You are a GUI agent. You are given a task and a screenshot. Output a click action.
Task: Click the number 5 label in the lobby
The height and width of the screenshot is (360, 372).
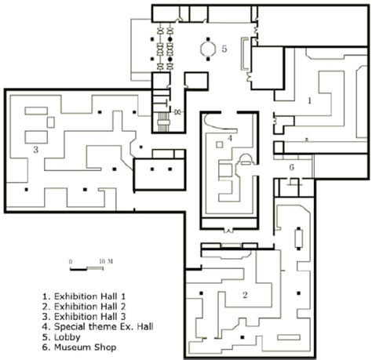click(224, 49)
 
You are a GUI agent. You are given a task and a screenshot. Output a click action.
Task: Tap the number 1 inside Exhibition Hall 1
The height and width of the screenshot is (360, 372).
click(310, 100)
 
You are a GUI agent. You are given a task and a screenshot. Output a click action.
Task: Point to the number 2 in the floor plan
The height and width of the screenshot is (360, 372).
click(245, 295)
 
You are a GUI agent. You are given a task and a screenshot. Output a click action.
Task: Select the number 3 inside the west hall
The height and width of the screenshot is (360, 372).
click(36, 150)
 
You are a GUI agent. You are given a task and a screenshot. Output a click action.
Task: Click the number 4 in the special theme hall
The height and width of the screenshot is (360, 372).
click(230, 138)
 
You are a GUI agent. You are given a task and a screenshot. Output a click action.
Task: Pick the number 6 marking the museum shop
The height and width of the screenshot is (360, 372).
click(292, 167)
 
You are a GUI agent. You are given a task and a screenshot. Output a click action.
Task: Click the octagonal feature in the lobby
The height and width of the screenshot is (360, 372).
click(208, 49)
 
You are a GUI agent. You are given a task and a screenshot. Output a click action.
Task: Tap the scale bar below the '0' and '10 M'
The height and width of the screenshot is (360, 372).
click(86, 268)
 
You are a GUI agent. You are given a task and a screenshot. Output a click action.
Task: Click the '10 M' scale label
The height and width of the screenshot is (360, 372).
click(106, 261)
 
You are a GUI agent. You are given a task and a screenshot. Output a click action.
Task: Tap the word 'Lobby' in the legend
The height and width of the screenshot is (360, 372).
click(67, 337)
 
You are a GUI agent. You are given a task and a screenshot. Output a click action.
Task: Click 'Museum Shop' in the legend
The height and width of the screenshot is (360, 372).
click(85, 347)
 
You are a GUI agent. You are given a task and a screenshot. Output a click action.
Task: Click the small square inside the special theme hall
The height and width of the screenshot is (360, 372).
click(220, 144)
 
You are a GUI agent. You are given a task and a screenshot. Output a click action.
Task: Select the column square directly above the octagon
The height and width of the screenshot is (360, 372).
click(208, 39)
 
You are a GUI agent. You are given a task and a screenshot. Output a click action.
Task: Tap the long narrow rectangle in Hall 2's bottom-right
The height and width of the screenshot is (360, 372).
click(289, 337)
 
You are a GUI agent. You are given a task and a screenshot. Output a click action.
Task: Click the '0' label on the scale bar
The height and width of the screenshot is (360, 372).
click(71, 261)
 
